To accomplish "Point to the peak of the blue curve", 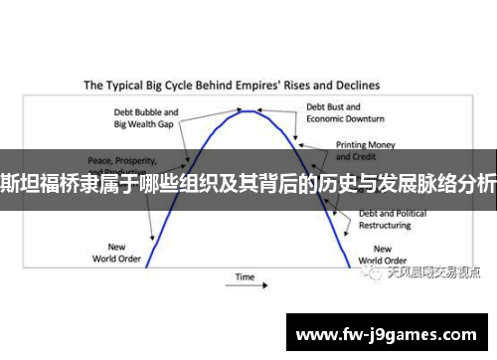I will (249, 110).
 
